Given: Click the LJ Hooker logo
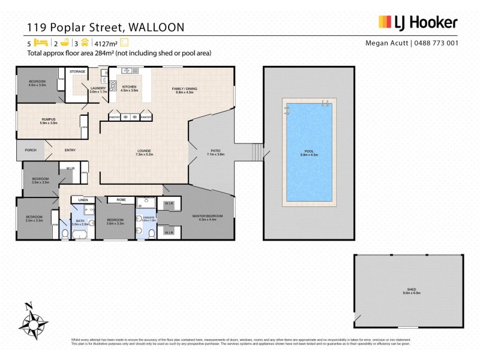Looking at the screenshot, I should [x=418, y=23].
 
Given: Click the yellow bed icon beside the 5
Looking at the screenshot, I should [x=40, y=43].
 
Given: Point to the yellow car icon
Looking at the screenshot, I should [x=85, y=43].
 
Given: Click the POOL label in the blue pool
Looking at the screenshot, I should [x=308, y=151].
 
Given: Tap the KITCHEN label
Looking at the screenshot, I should [x=130, y=86].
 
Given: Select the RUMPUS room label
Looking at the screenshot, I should [x=49, y=119].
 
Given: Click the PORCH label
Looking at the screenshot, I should [x=31, y=151].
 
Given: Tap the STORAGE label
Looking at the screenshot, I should [x=77, y=71].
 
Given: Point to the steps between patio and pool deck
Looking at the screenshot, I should [x=256, y=152].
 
